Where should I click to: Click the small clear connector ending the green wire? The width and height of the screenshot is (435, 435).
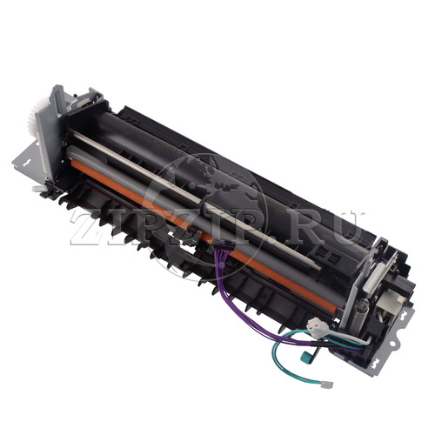[x=328, y=385]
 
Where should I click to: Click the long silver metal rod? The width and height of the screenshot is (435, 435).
[x=196, y=200]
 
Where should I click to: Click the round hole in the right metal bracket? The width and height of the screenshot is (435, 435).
[x=392, y=344]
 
